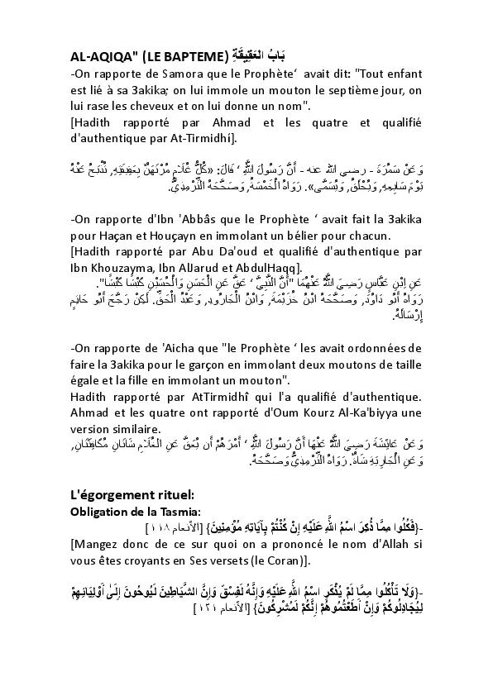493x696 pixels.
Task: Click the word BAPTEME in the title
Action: [190, 58]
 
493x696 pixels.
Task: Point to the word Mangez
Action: [98, 546]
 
